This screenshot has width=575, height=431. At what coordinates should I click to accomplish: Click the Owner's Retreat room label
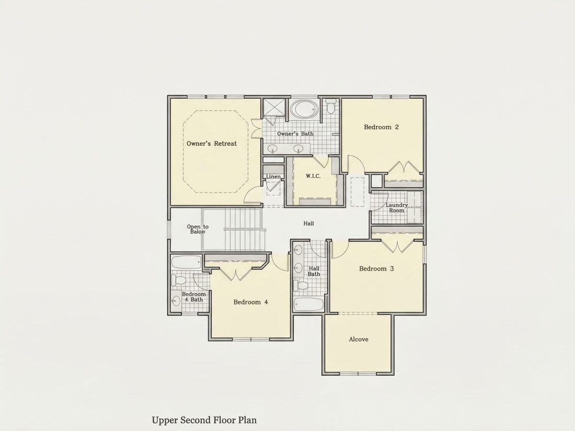[212, 144]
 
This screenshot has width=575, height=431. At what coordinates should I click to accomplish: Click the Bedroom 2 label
[381, 127]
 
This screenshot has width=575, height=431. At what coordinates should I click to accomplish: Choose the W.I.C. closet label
[313, 176]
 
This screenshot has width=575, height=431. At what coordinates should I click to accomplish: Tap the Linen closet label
[273, 177]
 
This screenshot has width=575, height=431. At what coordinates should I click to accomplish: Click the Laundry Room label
[397, 208]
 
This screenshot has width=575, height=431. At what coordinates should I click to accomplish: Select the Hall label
[308, 223]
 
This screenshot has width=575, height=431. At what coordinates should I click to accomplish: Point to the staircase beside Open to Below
[233, 230]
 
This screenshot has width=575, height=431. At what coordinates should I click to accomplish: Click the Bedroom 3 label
[376, 269]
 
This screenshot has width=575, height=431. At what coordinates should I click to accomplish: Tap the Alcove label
[359, 340]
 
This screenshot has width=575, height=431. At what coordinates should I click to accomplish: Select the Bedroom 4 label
[251, 302]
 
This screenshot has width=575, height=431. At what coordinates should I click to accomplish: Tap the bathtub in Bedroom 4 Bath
[186, 262]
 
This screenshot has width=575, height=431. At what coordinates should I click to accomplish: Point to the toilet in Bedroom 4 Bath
[179, 281]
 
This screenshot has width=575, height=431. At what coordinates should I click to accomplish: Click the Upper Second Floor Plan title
[204, 420]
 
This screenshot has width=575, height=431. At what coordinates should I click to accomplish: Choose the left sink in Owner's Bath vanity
[272, 149]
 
